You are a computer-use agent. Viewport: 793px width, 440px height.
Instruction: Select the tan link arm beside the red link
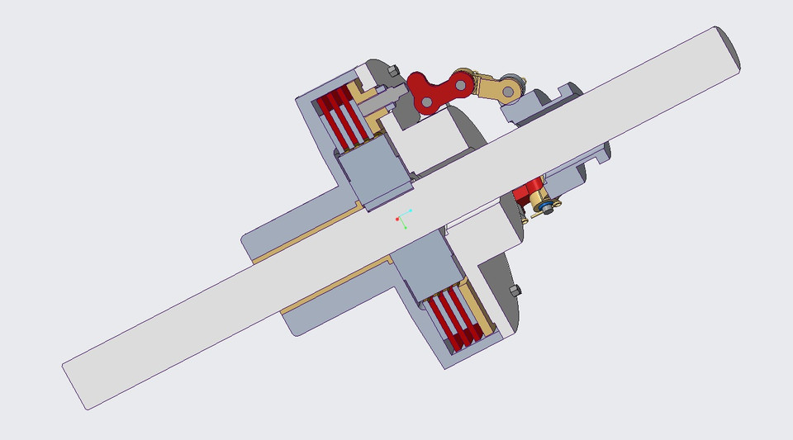[x=496, y=85]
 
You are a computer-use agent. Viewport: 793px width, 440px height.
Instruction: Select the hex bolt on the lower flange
[x=515, y=291]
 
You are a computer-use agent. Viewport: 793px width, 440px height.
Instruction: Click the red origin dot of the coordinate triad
[x=397, y=219]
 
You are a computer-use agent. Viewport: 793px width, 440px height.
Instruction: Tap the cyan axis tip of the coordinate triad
[x=411, y=211]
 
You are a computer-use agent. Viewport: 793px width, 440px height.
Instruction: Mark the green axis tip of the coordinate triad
[x=404, y=227]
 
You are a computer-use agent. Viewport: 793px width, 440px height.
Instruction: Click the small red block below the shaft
[x=525, y=195]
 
